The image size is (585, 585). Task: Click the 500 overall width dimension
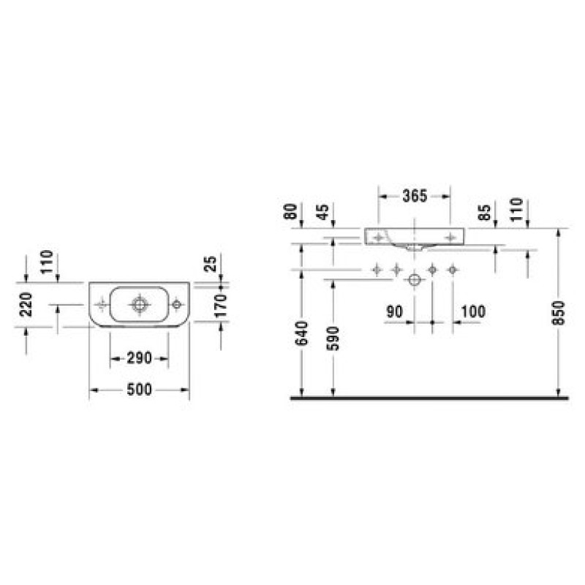coord(139,390)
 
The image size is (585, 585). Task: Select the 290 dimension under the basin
coord(139,358)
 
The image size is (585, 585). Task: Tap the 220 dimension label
coord(26,304)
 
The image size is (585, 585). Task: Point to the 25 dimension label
coord(211,264)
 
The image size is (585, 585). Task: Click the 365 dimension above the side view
coord(415,196)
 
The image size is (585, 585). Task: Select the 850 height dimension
coord(559,313)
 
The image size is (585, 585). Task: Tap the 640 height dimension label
coord(302,333)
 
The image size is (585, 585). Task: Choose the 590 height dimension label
coord(333,339)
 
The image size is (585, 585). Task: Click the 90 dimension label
coord(394,312)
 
